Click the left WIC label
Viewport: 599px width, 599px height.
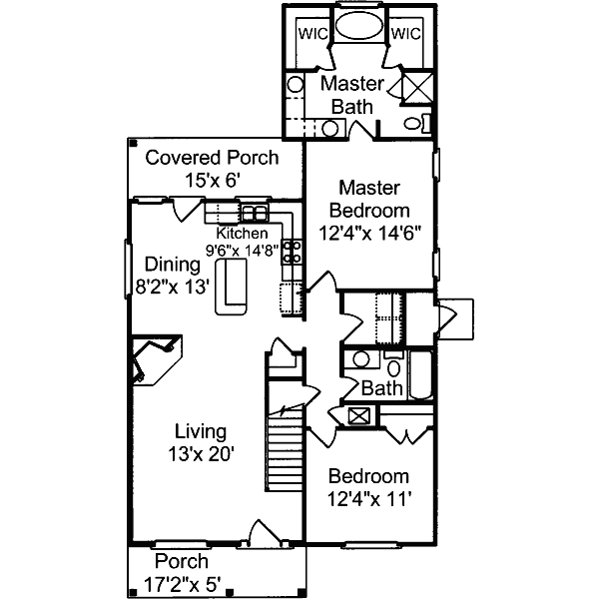tap(312, 33)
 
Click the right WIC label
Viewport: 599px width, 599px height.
tap(405, 33)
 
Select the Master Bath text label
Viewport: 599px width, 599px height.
tap(346, 95)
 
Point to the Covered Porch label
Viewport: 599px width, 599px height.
tap(212, 158)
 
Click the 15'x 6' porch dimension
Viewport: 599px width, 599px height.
tap(213, 180)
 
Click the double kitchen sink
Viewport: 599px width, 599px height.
tap(254, 213)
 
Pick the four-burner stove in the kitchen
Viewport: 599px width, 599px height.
tap(293, 252)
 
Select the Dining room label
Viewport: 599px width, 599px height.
tap(173, 265)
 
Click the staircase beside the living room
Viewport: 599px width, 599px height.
tap(284, 454)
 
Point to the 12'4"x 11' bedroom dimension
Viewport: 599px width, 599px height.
tap(368, 498)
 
